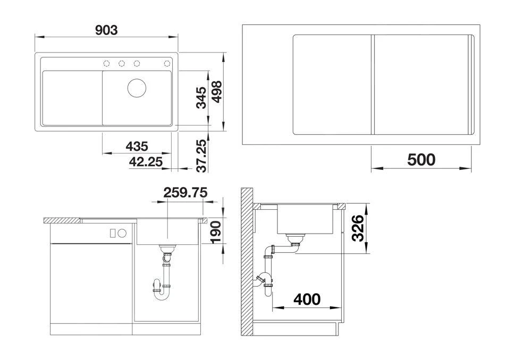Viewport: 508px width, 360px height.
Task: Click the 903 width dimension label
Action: click(x=106, y=30)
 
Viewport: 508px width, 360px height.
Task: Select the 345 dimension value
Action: click(x=201, y=98)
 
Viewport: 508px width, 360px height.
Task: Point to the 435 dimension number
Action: click(x=137, y=146)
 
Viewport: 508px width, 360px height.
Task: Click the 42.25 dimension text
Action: click(x=146, y=162)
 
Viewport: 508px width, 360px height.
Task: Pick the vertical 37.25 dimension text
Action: click(x=201, y=157)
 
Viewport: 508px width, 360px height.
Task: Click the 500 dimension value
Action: click(x=421, y=159)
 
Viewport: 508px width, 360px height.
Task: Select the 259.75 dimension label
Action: click(x=185, y=192)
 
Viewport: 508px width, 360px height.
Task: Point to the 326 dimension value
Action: click(x=358, y=228)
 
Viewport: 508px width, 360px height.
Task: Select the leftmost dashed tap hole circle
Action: click(x=107, y=64)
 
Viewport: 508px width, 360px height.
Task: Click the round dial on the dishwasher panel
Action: click(x=122, y=233)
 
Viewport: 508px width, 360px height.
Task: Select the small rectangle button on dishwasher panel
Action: click(x=113, y=233)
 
